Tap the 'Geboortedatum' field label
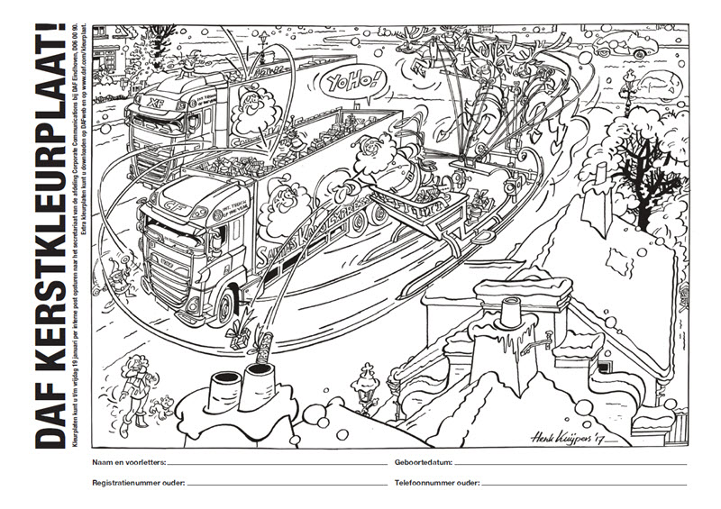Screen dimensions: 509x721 click(x=424, y=461)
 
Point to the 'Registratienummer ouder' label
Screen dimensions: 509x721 click(x=138, y=484)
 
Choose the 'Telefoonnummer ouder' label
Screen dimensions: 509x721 click(x=437, y=484)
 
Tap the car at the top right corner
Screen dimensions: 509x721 click(x=641, y=42)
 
